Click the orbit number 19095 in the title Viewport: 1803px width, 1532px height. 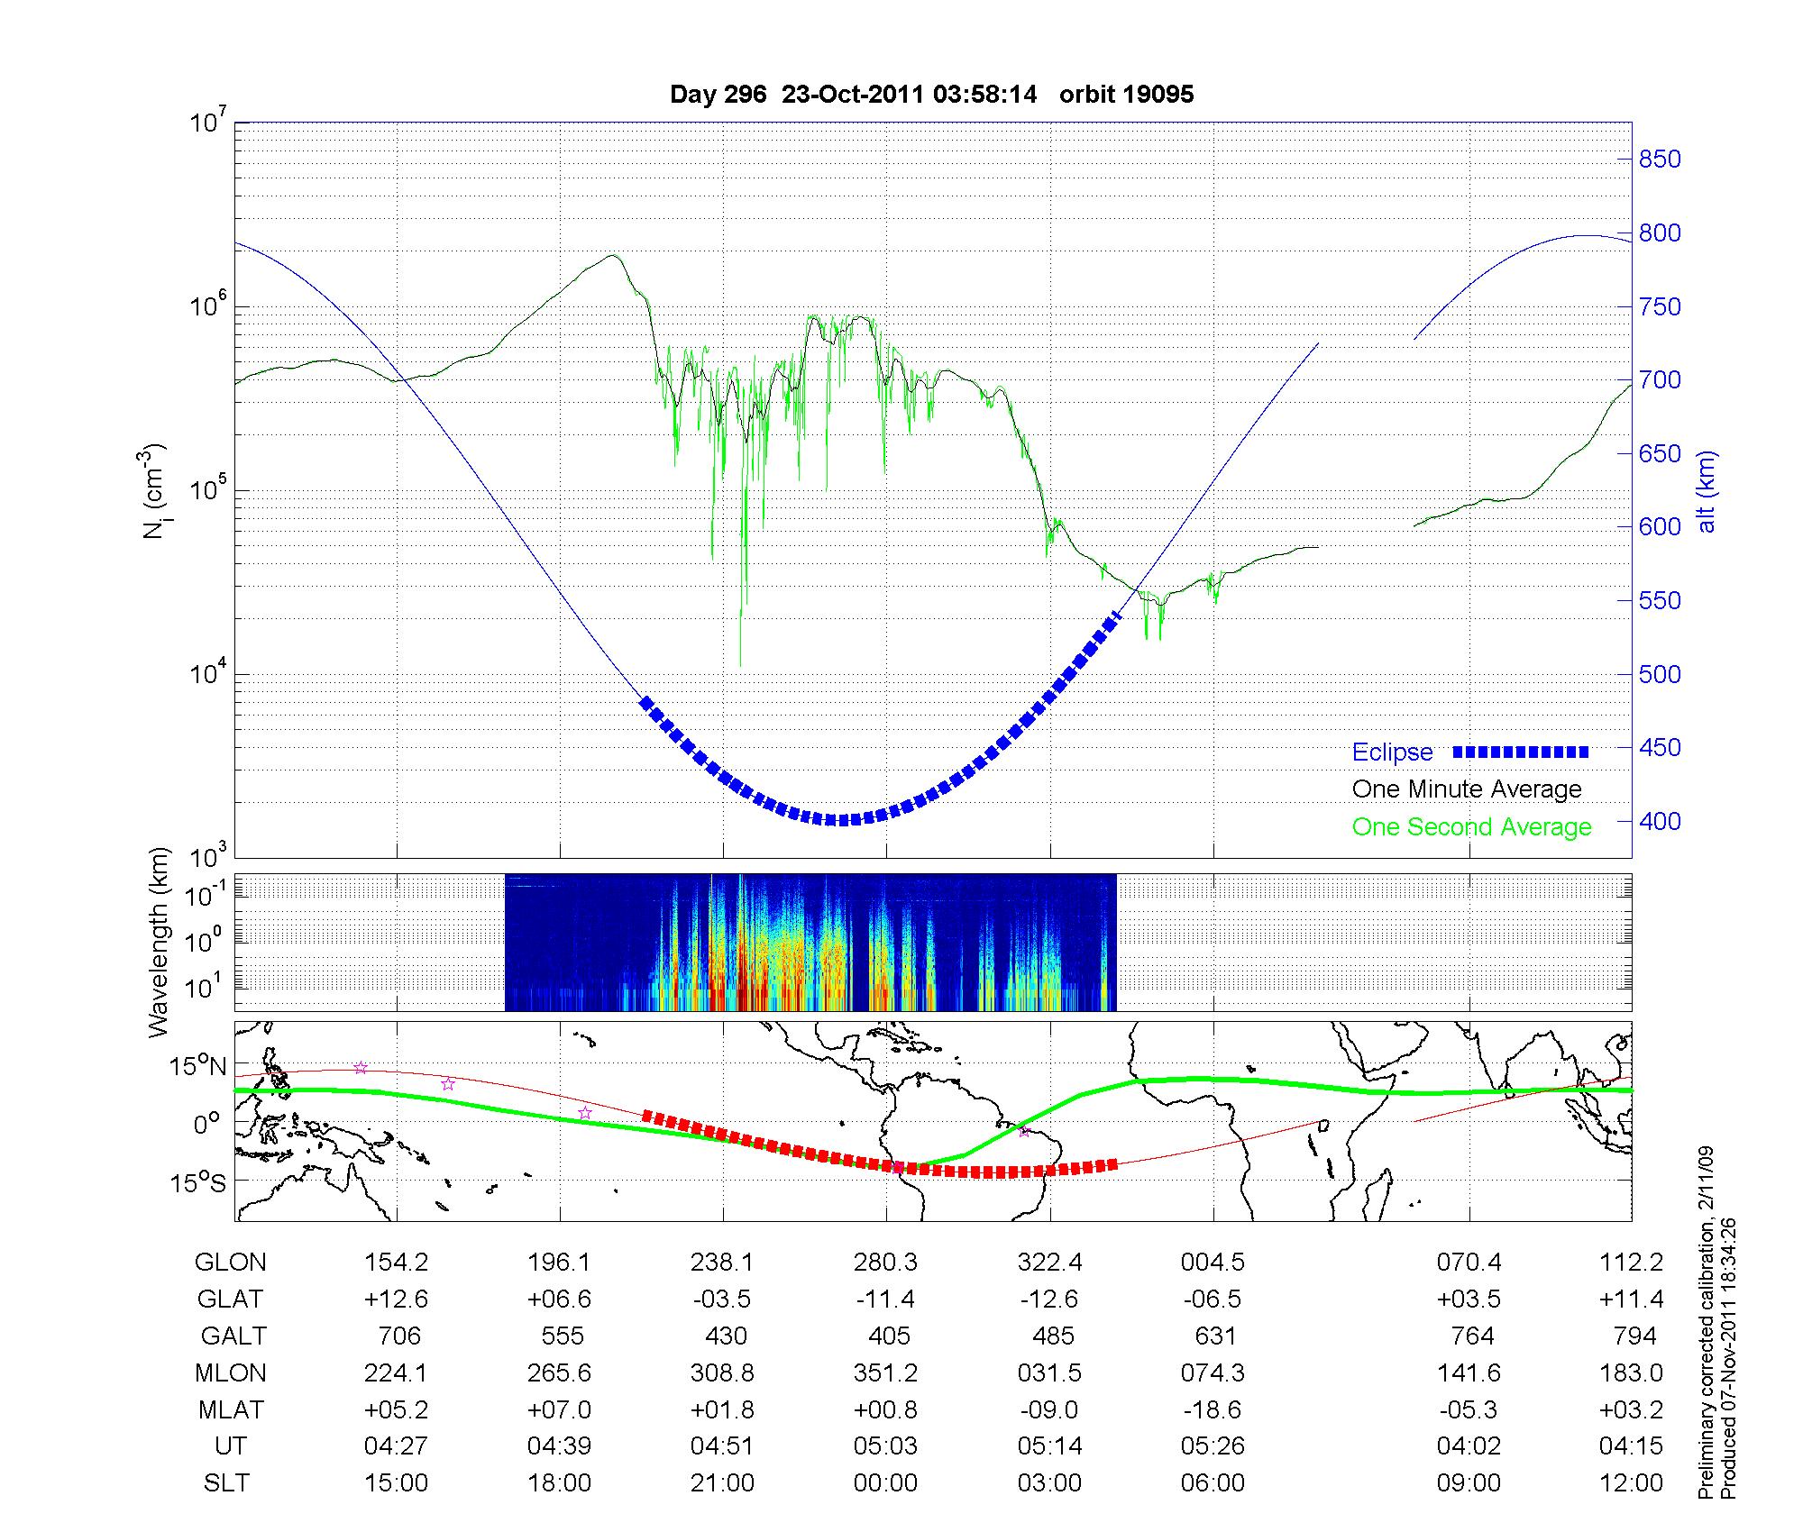[1126, 95]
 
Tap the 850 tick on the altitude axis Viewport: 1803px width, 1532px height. [1660, 160]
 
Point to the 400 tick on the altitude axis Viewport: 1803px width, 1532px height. [1660, 821]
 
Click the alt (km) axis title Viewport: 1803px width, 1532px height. [1707, 491]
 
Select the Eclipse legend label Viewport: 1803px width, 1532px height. [1392, 752]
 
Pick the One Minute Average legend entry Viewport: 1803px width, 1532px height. [1467, 789]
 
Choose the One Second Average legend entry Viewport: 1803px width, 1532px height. [1471, 827]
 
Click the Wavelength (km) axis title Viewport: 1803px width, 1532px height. [159, 942]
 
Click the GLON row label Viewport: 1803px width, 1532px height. [231, 1263]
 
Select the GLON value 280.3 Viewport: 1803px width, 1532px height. [885, 1263]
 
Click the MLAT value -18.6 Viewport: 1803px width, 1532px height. [1213, 1409]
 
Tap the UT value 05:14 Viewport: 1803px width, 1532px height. [1049, 1446]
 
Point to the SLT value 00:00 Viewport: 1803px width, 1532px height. [885, 1483]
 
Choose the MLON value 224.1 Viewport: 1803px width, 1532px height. [396, 1372]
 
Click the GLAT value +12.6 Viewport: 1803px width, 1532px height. [396, 1299]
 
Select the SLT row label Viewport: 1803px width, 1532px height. [227, 1483]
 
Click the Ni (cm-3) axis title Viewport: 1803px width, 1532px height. [155, 491]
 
